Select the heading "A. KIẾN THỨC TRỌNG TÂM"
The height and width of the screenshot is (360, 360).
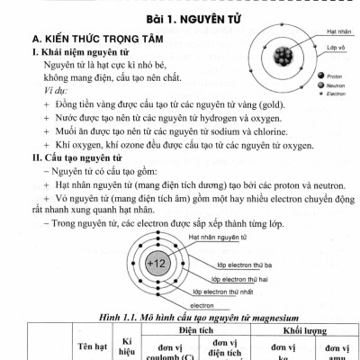point(89,42)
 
